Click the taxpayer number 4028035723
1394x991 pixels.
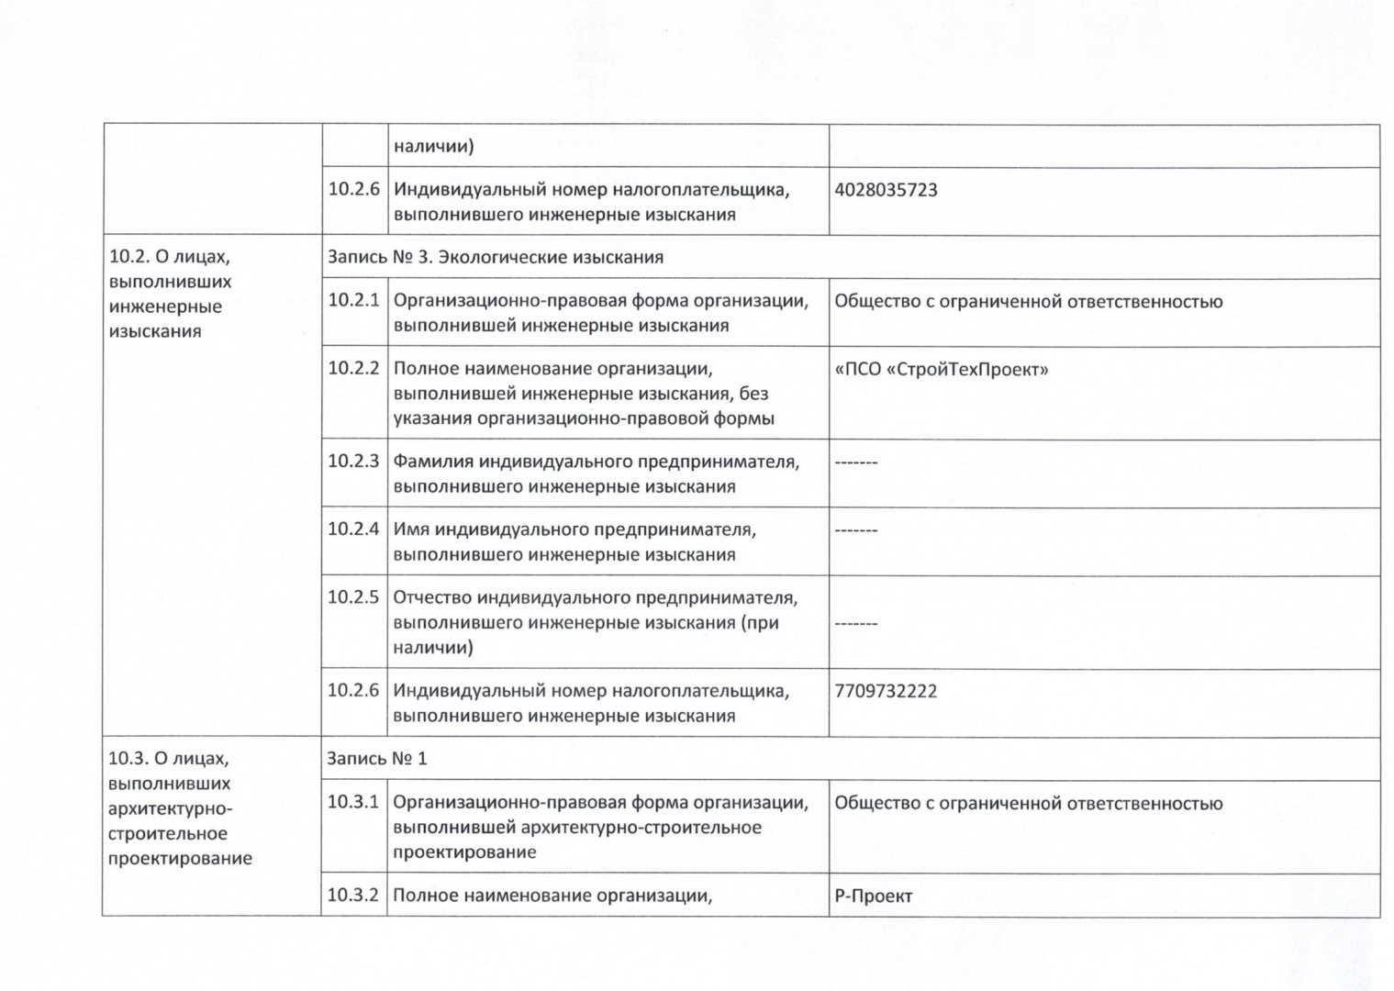(886, 191)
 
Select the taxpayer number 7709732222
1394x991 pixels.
(886, 692)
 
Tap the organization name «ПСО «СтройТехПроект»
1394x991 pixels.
(941, 370)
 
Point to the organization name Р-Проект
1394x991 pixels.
(873, 896)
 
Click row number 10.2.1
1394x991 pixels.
(353, 301)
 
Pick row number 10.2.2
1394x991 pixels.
(353, 369)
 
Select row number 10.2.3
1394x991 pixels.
(353, 462)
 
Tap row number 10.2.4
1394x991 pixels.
(353, 529)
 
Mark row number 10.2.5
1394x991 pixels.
(353, 597)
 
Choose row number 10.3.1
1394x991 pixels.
(353, 802)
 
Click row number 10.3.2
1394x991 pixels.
(353, 895)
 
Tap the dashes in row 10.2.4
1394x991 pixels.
(855, 531)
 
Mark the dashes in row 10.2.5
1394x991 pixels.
(855, 624)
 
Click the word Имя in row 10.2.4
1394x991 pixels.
(410, 530)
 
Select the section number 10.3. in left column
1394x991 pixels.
(127, 759)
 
